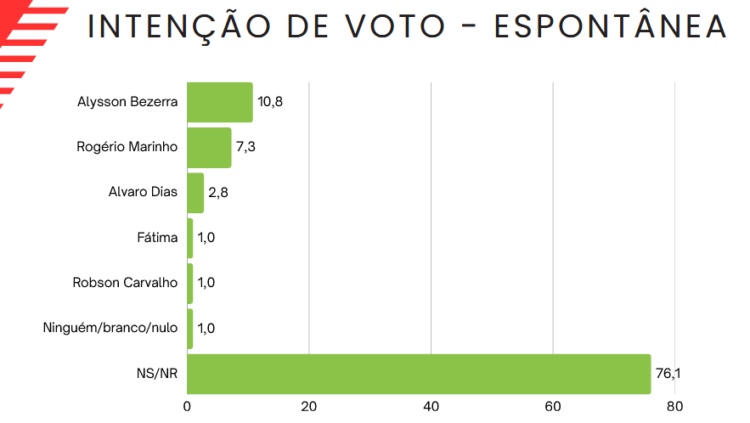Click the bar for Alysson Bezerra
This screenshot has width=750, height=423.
click(x=219, y=102)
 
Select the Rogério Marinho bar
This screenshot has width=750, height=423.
click(x=209, y=147)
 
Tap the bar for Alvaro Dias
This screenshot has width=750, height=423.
click(x=195, y=192)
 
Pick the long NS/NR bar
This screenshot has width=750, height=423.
click(x=418, y=374)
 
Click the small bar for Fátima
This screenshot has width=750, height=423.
click(x=190, y=238)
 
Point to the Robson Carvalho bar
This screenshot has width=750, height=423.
click(x=190, y=283)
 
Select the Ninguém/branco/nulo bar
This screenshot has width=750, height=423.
click(x=190, y=328)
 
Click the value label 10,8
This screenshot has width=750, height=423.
click(x=270, y=102)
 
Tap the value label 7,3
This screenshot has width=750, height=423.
click(x=245, y=147)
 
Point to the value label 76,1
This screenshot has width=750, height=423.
click(x=668, y=374)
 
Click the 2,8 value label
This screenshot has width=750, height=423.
click(x=218, y=192)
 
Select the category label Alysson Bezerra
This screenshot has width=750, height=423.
click(x=127, y=102)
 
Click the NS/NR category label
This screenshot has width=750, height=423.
click(x=158, y=374)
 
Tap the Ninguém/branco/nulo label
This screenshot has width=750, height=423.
click(x=110, y=328)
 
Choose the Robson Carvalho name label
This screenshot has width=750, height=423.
click(x=125, y=283)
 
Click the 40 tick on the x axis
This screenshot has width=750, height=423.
click(x=431, y=407)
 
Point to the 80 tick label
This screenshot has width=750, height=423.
click(x=674, y=407)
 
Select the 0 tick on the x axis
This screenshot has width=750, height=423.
click(x=187, y=407)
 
